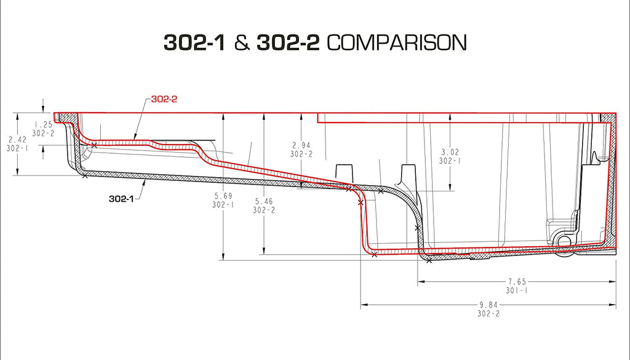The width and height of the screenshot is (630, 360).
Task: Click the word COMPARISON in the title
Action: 396,42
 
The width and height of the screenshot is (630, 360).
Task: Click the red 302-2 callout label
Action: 164,98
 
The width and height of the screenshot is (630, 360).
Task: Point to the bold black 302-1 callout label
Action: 121,198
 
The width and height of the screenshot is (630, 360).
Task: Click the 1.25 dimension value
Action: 43,124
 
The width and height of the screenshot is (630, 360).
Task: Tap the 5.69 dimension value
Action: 223,196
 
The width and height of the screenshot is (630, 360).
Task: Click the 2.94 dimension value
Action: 302,146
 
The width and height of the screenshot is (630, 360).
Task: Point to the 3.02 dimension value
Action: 450,152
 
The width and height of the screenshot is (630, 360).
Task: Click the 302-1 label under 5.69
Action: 223,205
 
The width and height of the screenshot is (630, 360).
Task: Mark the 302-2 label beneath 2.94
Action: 302,154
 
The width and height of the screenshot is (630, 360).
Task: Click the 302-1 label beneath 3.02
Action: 450,161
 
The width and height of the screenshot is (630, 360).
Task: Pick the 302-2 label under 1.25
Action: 43,133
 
